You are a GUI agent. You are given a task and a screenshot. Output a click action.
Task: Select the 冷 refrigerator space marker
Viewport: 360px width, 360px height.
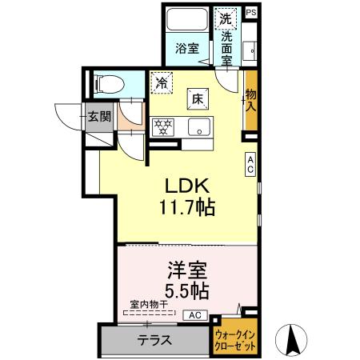point(162,81)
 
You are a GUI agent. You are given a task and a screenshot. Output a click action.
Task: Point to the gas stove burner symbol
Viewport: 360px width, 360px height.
point(163,126)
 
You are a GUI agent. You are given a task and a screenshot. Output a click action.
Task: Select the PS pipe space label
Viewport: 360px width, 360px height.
point(251,12)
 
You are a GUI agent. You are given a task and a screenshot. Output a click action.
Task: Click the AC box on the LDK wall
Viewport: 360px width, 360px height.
point(251,164)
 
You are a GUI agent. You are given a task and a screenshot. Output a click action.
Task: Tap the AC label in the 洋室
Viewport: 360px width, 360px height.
point(196,315)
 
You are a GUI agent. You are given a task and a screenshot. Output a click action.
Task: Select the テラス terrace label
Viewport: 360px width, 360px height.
point(154,339)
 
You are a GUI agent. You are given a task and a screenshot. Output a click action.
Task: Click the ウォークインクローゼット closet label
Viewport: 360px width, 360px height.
point(234,339)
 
